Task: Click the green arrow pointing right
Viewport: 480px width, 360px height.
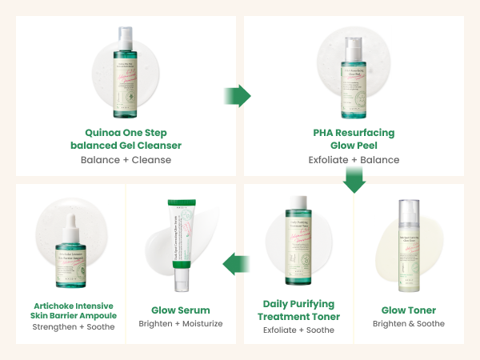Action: (237, 95)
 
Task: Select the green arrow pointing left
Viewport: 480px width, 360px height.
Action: (234, 262)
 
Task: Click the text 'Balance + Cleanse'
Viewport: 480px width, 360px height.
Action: (126, 160)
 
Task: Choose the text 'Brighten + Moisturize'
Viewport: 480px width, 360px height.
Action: (181, 324)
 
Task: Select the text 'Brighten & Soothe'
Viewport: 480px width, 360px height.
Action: (409, 324)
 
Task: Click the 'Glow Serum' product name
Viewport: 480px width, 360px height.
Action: (181, 310)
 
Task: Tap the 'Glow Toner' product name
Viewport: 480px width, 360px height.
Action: (409, 310)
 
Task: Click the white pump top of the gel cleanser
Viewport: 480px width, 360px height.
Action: (125, 36)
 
